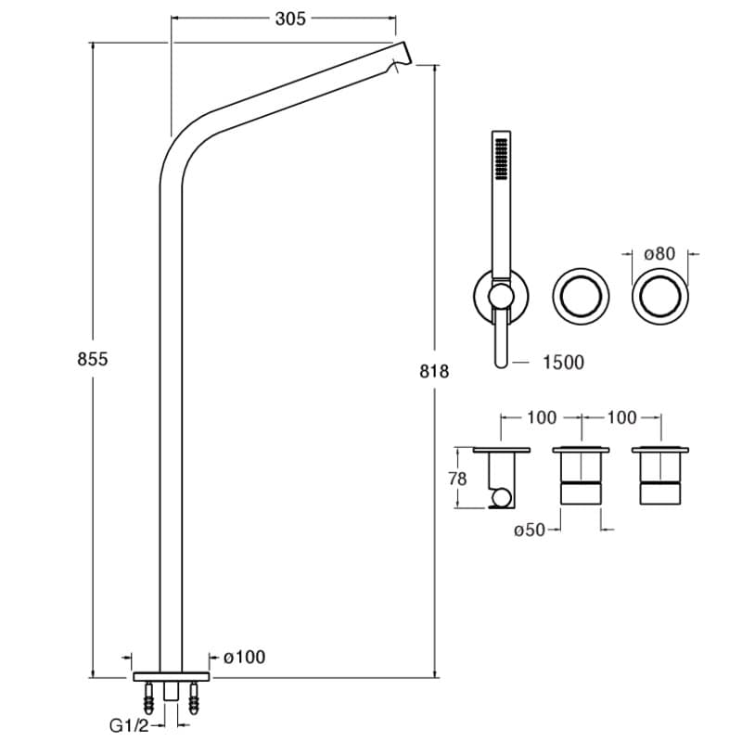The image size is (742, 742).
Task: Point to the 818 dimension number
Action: [434, 371]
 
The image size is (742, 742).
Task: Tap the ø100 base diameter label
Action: [244, 658]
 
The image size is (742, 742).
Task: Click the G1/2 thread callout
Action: [128, 726]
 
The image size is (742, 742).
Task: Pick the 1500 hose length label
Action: [563, 363]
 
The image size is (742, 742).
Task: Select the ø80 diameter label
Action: [659, 253]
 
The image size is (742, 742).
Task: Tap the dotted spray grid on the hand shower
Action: [500, 159]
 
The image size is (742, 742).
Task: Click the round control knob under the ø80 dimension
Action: [660, 296]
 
